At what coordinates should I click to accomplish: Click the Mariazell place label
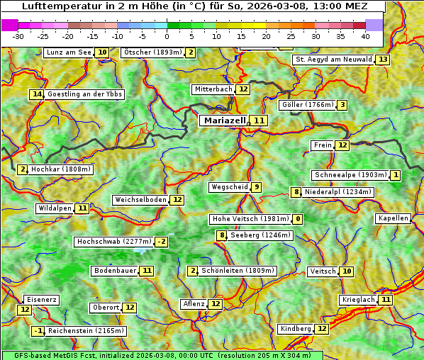click(224, 120)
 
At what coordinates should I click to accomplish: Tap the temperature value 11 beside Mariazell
click(260, 121)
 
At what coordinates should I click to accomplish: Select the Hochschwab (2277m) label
click(113, 242)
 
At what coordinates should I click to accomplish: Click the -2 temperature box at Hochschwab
click(162, 242)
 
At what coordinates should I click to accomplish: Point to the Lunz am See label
click(69, 52)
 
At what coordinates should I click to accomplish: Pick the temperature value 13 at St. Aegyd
click(383, 60)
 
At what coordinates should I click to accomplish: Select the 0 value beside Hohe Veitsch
click(298, 219)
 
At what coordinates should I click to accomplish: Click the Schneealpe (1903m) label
click(350, 175)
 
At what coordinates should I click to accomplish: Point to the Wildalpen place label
click(55, 208)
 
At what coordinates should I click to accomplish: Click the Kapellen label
click(393, 218)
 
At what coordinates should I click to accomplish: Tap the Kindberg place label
click(295, 329)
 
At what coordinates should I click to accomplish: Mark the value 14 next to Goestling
click(37, 94)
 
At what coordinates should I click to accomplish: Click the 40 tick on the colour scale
click(365, 36)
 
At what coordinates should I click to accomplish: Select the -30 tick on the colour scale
click(18, 36)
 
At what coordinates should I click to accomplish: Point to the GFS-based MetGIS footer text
click(162, 355)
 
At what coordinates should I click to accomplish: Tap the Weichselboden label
click(140, 200)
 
